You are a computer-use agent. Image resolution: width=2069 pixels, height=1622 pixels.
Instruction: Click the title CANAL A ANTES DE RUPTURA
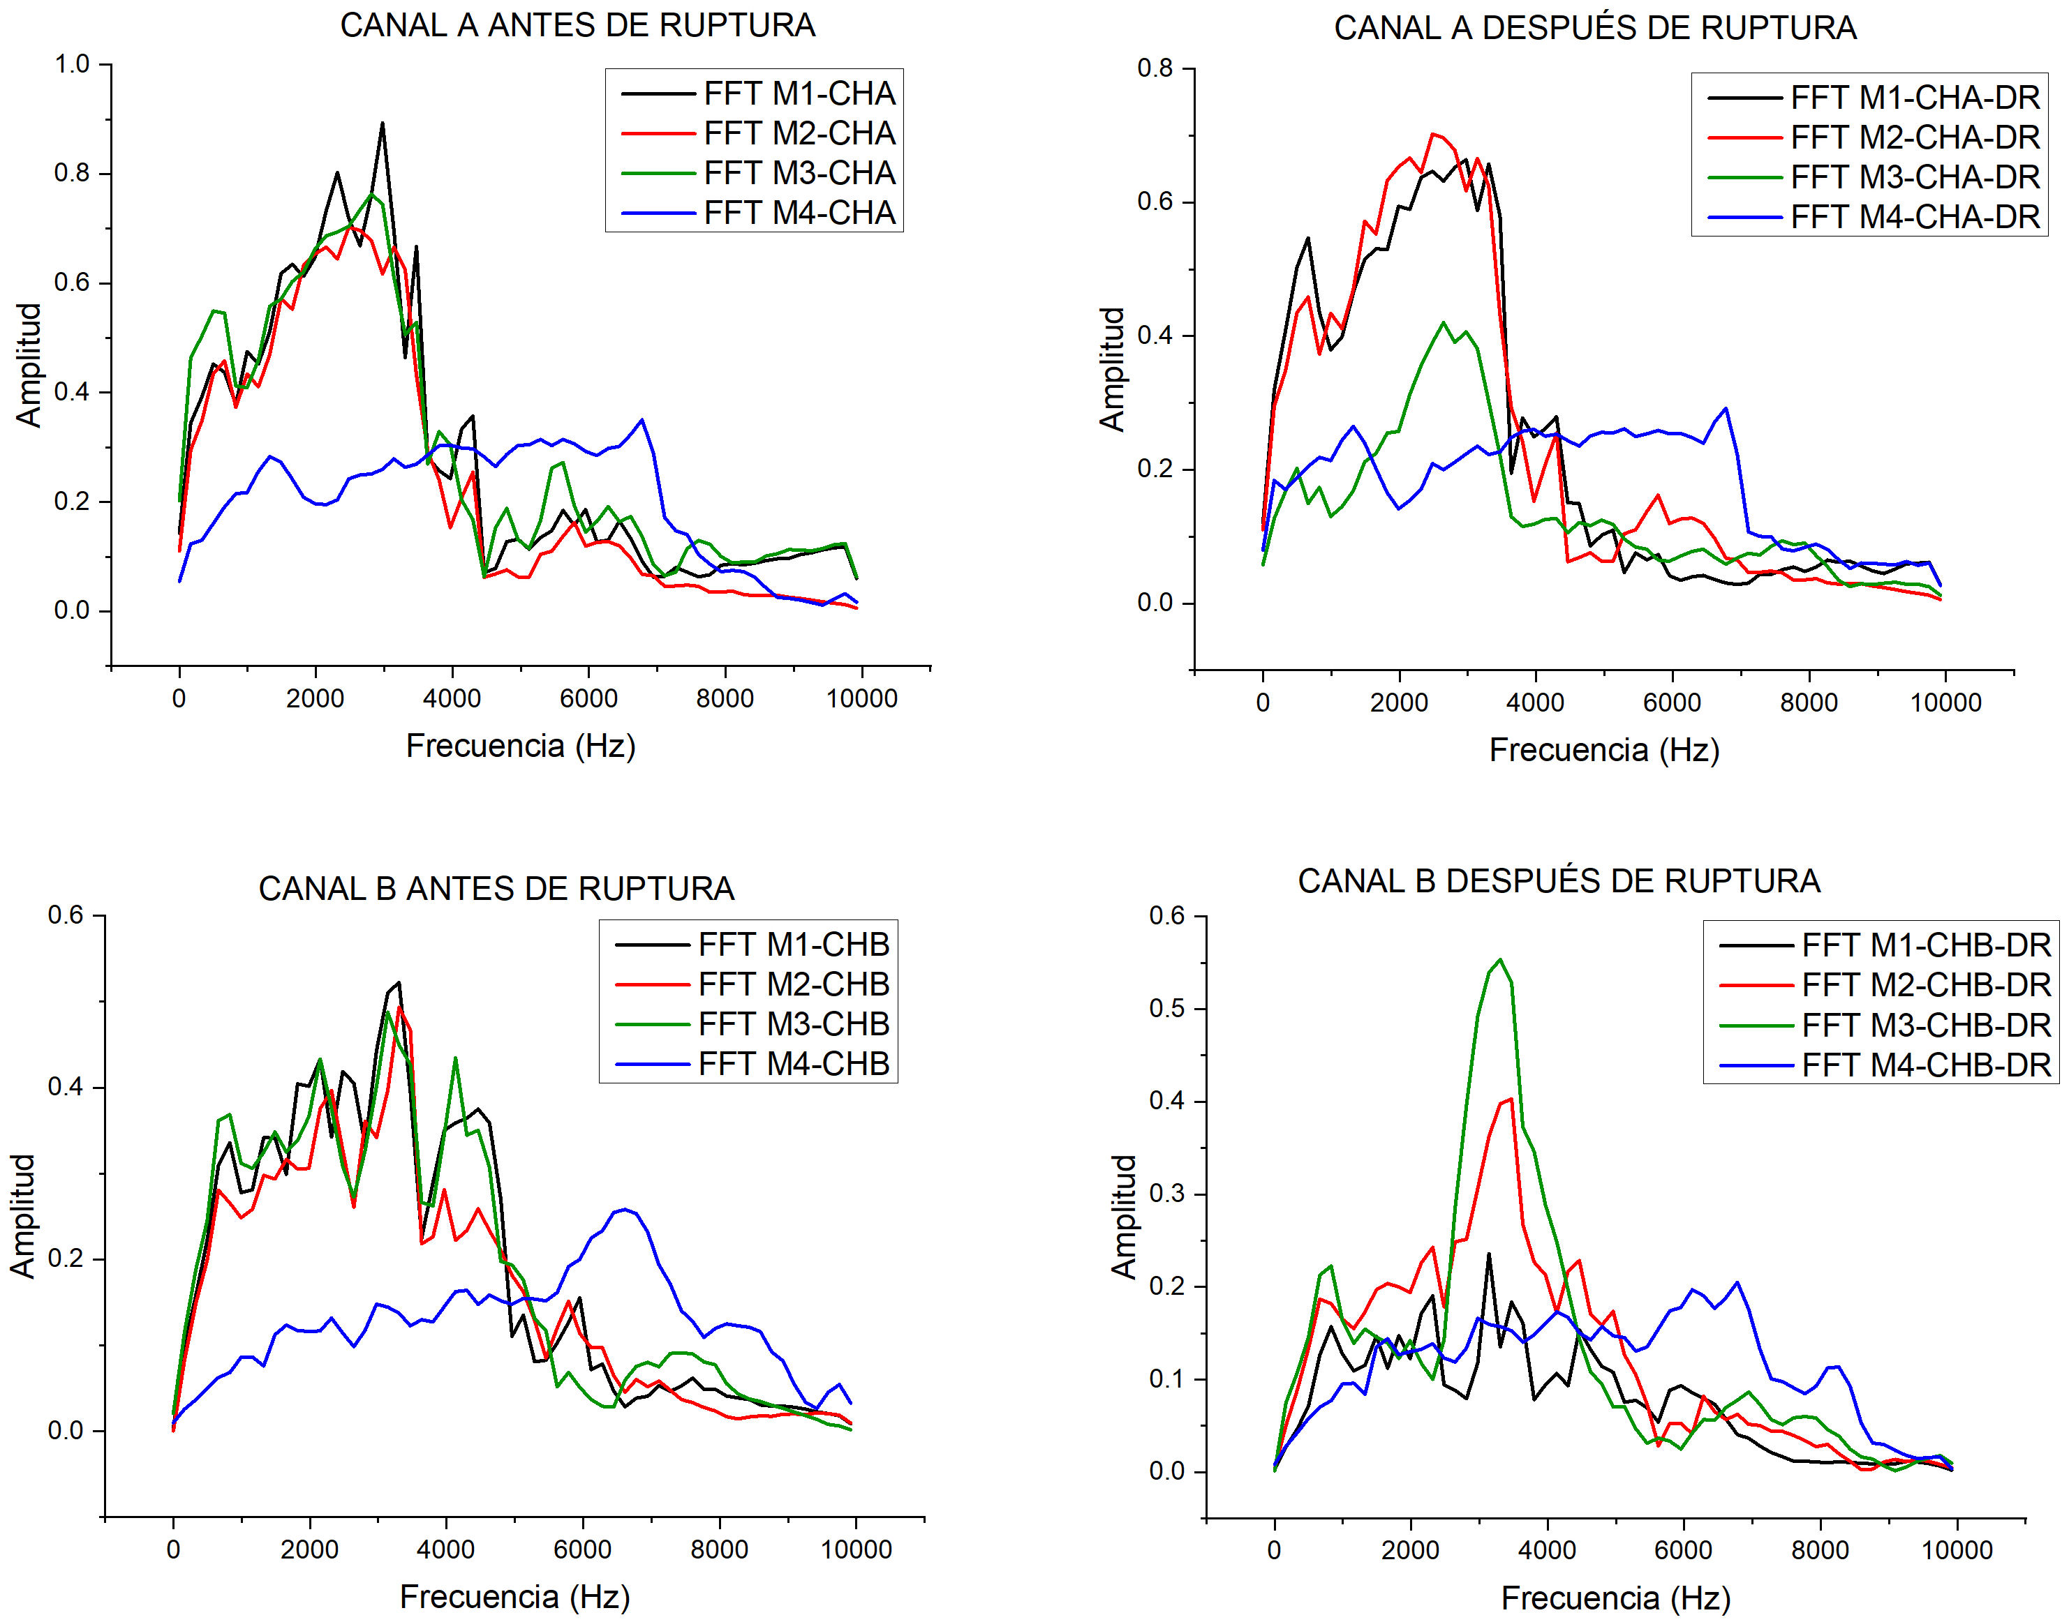coord(577,26)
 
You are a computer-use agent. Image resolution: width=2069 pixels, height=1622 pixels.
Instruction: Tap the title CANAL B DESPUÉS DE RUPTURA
coord(1559,881)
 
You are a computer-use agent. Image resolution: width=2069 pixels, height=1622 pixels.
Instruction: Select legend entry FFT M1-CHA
coord(799,94)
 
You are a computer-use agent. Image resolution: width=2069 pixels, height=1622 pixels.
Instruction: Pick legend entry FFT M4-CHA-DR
coord(1914,218)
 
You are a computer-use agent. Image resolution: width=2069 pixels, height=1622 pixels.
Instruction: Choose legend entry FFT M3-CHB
coord(793,1023)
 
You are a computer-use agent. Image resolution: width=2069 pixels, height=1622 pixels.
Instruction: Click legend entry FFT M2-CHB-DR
coord(1926,985)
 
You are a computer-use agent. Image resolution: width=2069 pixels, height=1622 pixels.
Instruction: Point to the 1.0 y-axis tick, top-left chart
coord(72,65)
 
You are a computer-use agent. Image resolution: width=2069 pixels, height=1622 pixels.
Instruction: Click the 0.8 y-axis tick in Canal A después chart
coord(1155,68)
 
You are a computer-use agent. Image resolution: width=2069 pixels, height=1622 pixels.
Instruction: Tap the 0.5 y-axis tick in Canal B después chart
coord(1168,1009)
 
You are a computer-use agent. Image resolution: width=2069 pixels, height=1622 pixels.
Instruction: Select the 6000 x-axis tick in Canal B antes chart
coord(582,1550)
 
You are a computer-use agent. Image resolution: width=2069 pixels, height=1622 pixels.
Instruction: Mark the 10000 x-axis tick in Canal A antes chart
coord(861,699)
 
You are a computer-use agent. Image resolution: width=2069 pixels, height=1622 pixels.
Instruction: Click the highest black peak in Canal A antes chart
coord(382,123)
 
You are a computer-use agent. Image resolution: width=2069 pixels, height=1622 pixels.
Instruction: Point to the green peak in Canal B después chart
coord(1500,960)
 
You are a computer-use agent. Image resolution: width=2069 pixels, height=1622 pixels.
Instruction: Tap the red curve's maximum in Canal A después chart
coord(1432,134)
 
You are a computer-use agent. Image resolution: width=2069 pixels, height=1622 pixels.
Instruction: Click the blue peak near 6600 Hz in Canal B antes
coord(624,1209)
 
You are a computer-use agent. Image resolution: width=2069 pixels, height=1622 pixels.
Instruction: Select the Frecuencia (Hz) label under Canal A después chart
coord(1603,750)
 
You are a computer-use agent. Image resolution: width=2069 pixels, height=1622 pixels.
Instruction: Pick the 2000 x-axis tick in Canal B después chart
coord(1411,1551)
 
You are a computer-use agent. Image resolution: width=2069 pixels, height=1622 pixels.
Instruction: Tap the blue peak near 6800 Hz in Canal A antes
coord(643,420)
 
